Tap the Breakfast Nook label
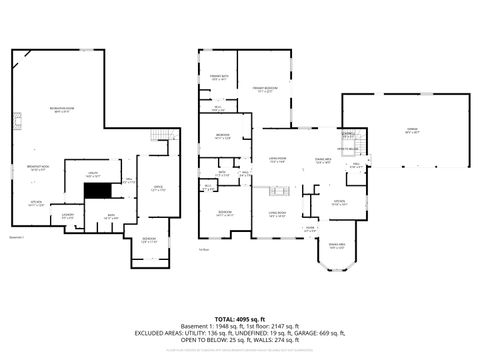39,169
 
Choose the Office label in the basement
158,188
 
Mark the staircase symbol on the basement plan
156,136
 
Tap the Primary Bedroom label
264,88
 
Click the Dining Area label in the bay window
337,246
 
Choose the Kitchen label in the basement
35,203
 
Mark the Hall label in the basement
128,181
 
